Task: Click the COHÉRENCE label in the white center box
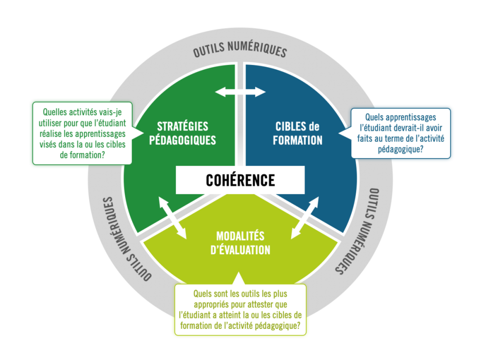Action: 240,180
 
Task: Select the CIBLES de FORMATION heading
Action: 298,133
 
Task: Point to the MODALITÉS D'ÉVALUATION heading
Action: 240,243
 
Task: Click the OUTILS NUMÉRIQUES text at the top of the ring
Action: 240,51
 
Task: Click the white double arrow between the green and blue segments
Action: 240,91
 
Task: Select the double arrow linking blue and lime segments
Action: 305,218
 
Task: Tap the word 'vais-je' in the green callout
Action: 114,110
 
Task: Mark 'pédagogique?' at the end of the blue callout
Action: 401,149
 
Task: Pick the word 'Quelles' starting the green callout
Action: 54,110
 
